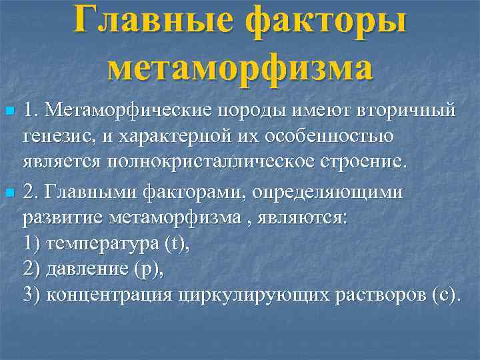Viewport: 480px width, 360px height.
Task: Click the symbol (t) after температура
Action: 176,245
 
